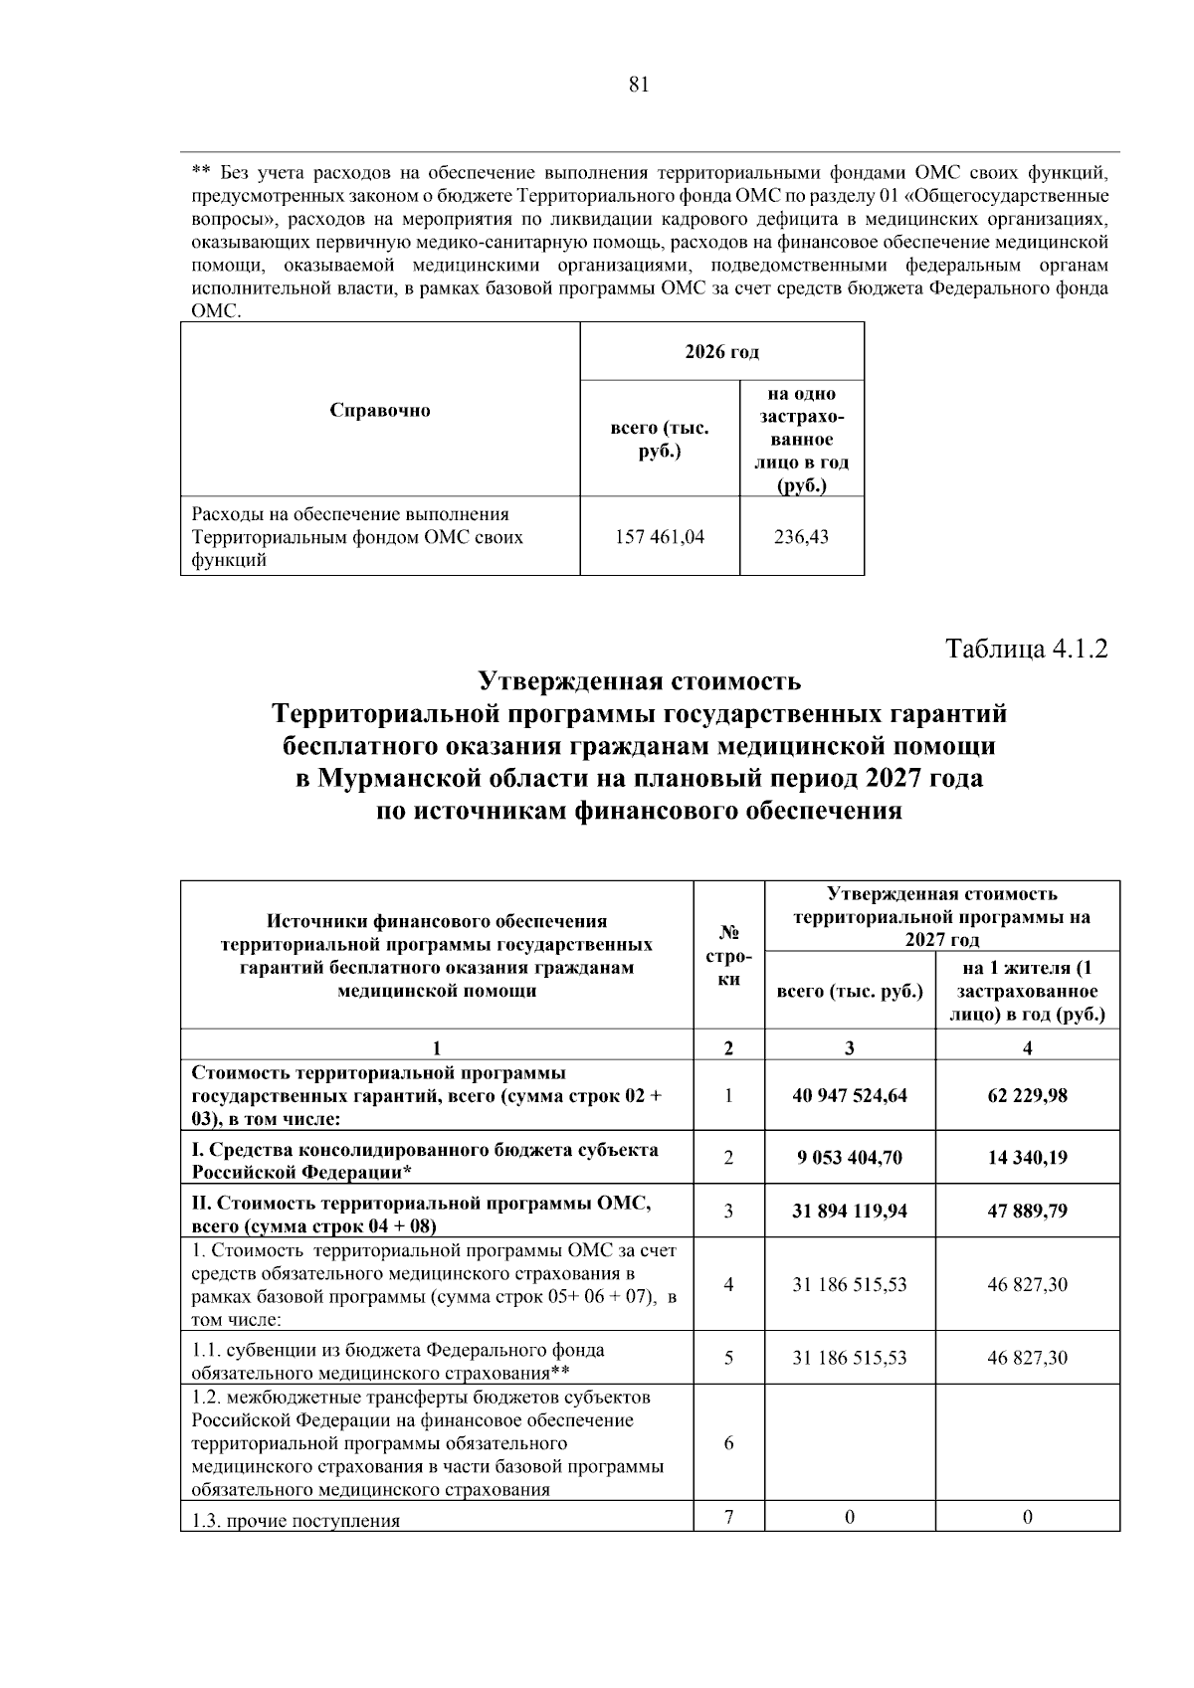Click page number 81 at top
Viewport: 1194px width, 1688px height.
pyautogui.click(x=639, y=86)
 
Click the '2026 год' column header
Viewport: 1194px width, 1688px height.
pyautogui.click(x=721, y=352)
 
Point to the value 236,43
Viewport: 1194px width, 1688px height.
pyautogui.click(x=801, y=537)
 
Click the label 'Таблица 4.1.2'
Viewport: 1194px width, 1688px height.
pyautogui.click(x=1026, y=650)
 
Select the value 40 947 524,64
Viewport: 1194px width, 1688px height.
pyautogui.click(x=850, y=1095)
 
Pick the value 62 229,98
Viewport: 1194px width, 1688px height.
pyautogui.click(x=1027, y=1095)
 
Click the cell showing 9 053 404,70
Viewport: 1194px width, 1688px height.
pyautogui.click(x=850, y=1158)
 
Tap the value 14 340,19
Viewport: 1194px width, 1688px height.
pyautogui.click(x=1027, y=1158)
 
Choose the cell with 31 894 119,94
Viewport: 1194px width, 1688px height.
pyautogui.click(x=850, y=1212)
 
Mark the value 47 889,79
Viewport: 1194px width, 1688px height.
pyautogui.click(x=1027, y=1212)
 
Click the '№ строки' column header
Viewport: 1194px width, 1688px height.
pyautogui.click(x=728, y=956)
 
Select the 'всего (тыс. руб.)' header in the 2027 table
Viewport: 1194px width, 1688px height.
pyautogui.click(x=850, y=992)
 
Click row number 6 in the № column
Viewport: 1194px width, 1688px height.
pyautogui.click(x=728, y=1443)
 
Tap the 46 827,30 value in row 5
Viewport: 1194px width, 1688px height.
pyautogui.click(x=1027, y=1358)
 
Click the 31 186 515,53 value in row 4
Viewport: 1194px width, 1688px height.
pyautogui.click(x=850, y=1285)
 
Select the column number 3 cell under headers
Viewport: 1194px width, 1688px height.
pyautogui.click(x=850, y=1047)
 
